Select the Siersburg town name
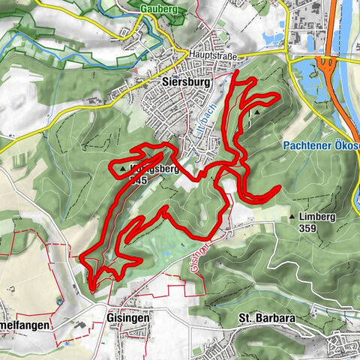pyautogui.click(x=181, y=78)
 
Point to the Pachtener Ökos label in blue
pyautogui.click(x=323, y=145)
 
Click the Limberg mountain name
pyautogui.click(x=316, y=217)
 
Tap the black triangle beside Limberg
pyautogui.click(x=292, y=217)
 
